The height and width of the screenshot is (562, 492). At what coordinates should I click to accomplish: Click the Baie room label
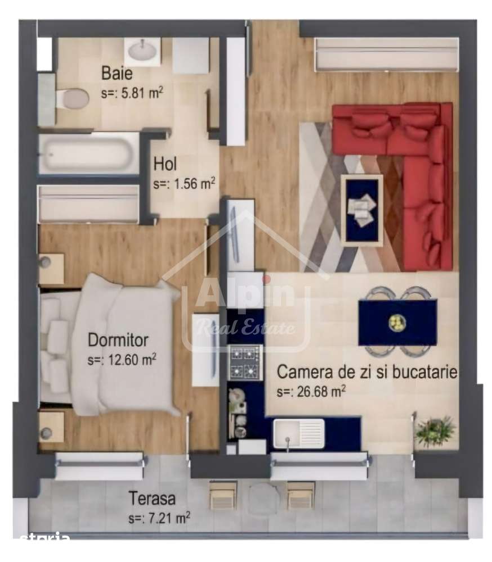(117, 73)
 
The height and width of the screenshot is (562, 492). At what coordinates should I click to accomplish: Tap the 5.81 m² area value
(132, 93)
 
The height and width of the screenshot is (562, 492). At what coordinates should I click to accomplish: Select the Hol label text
(165, 164)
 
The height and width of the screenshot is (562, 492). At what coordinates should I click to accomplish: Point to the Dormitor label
(118, 340)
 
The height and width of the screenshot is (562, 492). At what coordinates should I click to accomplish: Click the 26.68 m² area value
(311, 391)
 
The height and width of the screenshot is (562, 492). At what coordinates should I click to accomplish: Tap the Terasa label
(152, 498)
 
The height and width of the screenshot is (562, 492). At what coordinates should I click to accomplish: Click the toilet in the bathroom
(72, 98)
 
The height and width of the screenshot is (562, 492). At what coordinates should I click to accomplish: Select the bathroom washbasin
(142, 52)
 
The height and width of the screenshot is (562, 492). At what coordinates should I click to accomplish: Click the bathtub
(88, 154)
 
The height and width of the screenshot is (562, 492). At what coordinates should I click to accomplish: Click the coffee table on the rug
(361, 210)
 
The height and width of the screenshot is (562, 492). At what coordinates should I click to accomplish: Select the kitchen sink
(298, 434)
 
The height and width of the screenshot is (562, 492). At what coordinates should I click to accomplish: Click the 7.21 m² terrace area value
(159, 518)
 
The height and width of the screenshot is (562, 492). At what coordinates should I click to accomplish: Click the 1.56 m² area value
(184, 184)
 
